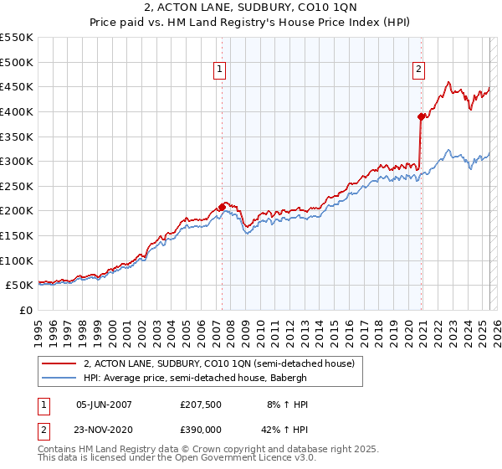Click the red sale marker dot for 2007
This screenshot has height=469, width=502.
[x=222, y=207]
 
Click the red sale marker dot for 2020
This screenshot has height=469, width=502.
[x=421, y=116]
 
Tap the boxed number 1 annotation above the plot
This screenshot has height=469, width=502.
[x=219, y=70]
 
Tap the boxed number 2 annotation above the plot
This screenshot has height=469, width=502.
[x=417, y=70]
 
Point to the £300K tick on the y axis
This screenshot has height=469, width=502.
[x=17, y=161]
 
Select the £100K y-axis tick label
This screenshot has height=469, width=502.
[x=17, y=260]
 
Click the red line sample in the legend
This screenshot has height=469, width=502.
[x=58, y=363]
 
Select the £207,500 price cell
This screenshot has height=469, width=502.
[x=201, y=404]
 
